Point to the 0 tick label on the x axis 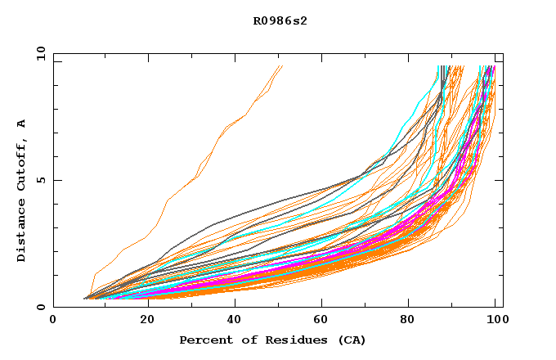[53, 320]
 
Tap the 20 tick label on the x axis [142, 320]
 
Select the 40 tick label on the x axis [231, 320]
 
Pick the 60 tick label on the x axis [321, 320]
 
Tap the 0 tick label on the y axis [41, 308]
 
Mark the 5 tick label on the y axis [41, 180]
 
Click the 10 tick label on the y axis [39, 53]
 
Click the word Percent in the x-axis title [202, 340]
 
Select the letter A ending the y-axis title [22, 124]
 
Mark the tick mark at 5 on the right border [500, 180]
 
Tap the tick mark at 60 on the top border [321, 56]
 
